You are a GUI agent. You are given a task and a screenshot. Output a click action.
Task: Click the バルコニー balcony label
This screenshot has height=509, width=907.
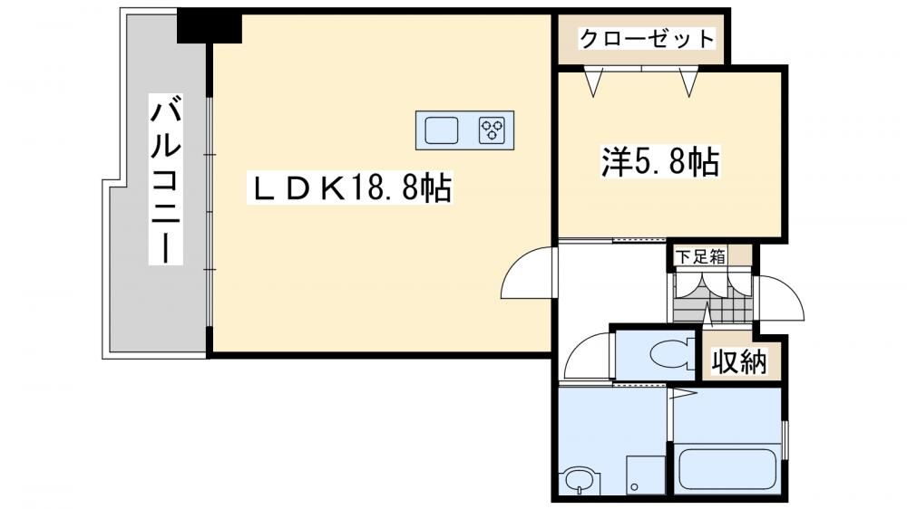pos(165,178)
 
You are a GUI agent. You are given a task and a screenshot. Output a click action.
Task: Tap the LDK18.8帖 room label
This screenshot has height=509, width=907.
pos(350,187)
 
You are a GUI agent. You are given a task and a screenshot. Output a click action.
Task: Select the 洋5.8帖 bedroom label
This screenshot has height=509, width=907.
pos(660,161)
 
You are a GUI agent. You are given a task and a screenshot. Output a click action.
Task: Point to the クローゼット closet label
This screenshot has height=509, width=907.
pos(647,39)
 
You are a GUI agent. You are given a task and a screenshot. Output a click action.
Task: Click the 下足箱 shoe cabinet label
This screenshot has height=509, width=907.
pos(700,256)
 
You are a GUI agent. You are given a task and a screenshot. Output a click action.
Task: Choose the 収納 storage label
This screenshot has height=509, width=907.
pos(738,361)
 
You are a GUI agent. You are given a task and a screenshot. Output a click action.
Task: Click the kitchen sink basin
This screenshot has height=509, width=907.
pos(442,130)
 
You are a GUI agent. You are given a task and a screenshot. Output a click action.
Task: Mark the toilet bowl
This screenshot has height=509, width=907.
pos(671,353)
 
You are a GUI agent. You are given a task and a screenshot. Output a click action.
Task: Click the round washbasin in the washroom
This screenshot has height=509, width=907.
pos(579,481)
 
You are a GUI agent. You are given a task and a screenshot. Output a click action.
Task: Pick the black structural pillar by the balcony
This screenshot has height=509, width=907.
pos(209,26)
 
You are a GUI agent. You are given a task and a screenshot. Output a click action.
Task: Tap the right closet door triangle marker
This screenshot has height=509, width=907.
pos(688,82)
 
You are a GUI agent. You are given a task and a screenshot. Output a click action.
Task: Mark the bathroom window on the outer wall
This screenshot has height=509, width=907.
pos(785,440)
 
